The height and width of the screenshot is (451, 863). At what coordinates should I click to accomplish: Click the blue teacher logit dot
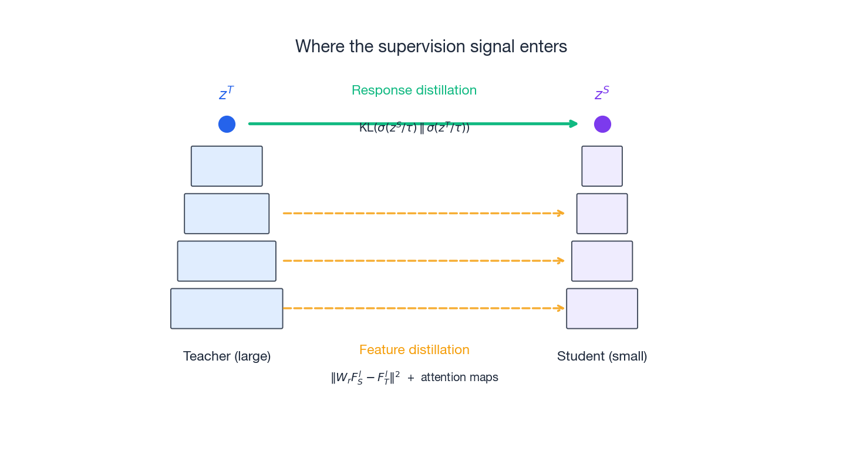227,124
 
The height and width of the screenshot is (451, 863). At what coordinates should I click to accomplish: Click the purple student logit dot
602,124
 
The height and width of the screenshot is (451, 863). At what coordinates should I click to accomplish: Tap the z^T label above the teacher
227,93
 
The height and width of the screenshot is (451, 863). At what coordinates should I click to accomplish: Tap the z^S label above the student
602,93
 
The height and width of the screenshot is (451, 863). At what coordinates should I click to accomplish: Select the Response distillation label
414,90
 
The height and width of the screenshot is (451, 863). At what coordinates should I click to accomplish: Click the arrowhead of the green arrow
574,124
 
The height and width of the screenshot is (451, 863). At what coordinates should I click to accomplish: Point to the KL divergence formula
414,128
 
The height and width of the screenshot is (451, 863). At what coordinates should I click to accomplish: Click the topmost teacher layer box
227,166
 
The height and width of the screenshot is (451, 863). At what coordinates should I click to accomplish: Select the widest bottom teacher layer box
227,308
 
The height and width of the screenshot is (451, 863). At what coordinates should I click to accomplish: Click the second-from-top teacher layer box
227,214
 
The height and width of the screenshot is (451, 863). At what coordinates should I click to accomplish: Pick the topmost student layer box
602,166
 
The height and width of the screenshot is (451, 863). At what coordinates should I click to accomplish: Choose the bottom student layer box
602,308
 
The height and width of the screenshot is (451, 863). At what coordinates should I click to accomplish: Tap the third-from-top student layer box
602,261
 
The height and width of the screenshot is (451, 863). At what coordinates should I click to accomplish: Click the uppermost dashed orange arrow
423,213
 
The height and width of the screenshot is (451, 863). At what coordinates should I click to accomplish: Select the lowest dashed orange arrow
423,308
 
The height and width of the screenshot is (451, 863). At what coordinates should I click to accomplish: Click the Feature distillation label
414,350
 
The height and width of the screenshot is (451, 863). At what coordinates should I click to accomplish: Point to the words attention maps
459,378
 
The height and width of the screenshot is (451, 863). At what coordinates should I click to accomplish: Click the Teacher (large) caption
227,356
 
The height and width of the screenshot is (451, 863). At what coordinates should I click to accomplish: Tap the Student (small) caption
602,356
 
